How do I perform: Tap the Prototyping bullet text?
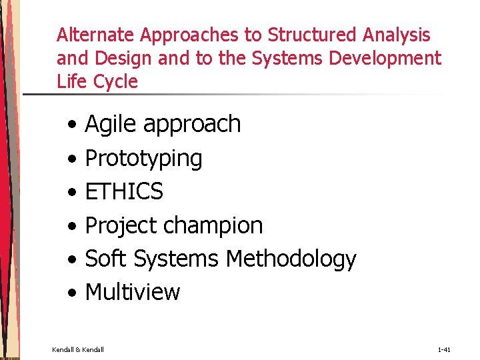tap(143, 159)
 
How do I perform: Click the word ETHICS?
tap(124, 191)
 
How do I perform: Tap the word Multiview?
tap(133, 292)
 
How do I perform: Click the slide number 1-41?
tap(445, 349)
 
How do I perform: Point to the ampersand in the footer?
tap(77, 349)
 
